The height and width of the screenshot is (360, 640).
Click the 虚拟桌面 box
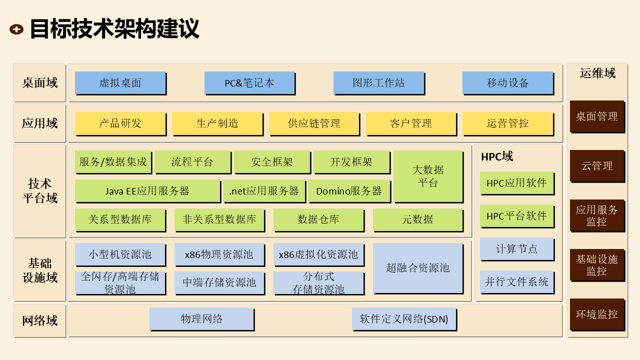[120, 82]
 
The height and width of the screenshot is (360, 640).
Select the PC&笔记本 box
[249, 82]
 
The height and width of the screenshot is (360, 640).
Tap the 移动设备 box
[507, 82]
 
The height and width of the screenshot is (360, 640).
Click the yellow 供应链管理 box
[313, 123]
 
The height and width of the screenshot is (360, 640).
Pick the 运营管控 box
[507, 123]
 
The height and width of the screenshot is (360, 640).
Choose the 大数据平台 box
[427, 176]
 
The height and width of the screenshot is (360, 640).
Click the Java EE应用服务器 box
[147, 190]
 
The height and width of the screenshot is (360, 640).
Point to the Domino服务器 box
[348, 190]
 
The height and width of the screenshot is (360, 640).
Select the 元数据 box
[417, 219]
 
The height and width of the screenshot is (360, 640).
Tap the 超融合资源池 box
[417, 267]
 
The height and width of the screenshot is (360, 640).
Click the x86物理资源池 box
[219, 254]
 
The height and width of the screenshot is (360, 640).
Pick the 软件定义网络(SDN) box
[404, 318]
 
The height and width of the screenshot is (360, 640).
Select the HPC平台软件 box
[516, 216]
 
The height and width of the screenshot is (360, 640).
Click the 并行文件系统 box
[516, 281]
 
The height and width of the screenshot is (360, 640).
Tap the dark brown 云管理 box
[596, 165]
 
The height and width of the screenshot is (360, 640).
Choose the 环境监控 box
[596, 314]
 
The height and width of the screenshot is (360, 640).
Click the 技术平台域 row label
[39, 190]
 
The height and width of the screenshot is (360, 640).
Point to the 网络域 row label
[39, 320]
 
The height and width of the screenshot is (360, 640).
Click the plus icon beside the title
[16, 29]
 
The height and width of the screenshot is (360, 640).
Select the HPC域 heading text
[496, 156]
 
